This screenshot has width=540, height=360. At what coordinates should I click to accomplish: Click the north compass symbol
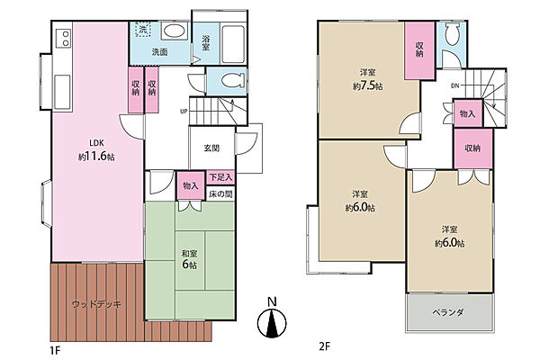coord(272,323)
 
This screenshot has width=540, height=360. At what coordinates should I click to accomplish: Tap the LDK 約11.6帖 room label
coord(96,150)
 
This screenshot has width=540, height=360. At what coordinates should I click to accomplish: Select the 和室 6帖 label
coord(189,259)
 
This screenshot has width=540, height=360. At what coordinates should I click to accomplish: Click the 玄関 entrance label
coord(211,148)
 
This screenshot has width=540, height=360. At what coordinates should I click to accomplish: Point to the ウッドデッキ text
coord(96,304)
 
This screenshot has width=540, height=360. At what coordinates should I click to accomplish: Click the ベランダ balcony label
coord(448,312)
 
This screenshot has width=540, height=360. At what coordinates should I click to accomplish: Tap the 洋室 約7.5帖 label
coord(368,80)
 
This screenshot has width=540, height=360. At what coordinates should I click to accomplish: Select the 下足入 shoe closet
coord(221,178)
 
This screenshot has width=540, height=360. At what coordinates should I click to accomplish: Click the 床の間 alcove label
coord(220,194)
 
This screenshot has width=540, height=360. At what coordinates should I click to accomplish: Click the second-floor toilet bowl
coord(452,34)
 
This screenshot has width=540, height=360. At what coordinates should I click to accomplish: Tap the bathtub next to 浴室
coord(233,44)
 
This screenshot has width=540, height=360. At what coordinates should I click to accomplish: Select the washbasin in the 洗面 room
coord(175,31)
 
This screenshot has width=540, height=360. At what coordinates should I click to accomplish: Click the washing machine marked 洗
coord(142,30)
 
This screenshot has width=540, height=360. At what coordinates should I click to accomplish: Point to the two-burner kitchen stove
coord(65,38)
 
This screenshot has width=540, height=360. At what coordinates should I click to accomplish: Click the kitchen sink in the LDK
coord(62,92)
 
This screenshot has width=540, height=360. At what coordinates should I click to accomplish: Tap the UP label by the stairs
coord(184,112)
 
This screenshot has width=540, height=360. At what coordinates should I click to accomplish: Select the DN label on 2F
coord(454,85)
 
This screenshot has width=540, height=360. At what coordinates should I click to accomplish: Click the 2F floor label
coord(324,346)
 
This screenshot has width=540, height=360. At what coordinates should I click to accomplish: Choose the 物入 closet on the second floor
coord(468,113)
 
